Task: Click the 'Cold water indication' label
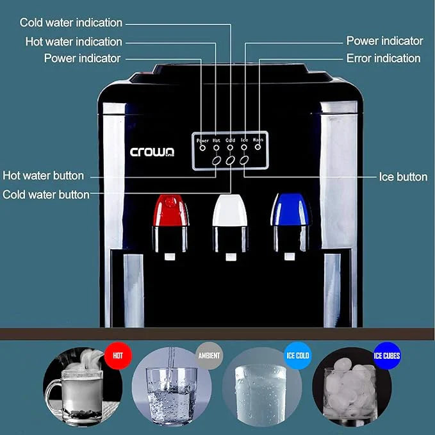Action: [x=70, y=22]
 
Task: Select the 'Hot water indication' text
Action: [x=74, y=42]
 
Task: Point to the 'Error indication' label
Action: [x=383, y=58]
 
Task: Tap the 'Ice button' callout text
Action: [x=403, y=177]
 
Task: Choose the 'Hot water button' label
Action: [x=43, y=175]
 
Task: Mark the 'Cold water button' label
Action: [x=46, y=194]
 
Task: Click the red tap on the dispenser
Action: [x=170, y=211]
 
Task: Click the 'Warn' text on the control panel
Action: [x=258, y=139]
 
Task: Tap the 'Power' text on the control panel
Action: [x=202, y=140]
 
